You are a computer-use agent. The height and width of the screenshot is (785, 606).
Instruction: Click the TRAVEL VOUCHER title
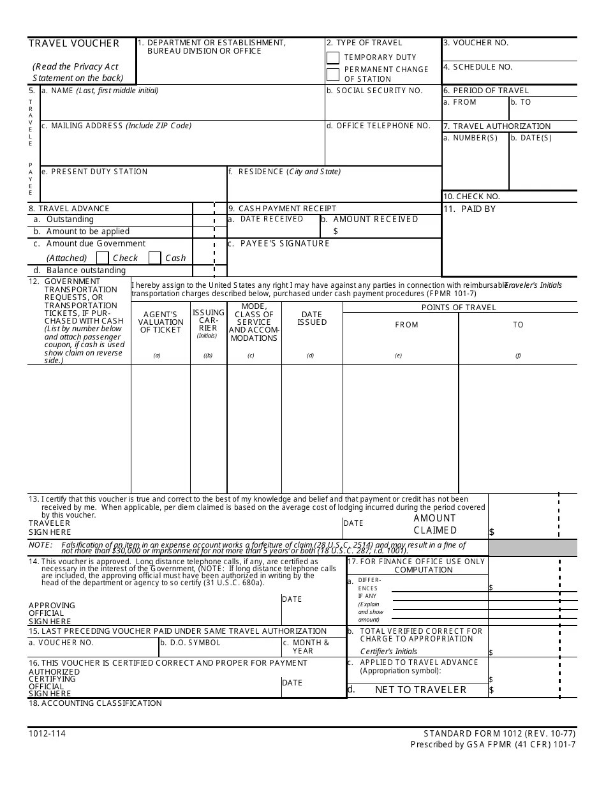(74, 43)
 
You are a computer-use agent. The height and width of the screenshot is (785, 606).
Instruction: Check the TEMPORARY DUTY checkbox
(333, 58)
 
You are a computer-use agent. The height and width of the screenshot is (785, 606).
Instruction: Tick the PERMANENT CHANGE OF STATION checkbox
(333, 75)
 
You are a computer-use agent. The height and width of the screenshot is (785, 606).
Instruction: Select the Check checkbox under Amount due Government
(102, 258)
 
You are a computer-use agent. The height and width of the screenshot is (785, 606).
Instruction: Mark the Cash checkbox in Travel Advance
(154, 258)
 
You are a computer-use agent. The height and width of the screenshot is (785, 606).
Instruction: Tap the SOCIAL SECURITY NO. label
(374, 91)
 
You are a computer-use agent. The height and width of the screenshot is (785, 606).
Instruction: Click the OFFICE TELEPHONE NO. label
(378, 126)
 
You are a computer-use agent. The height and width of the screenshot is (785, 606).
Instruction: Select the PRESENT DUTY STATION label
(94, 172)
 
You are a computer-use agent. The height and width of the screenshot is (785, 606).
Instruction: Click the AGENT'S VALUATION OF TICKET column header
(161, 322)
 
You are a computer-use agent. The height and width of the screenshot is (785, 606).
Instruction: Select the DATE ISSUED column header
(311, 318)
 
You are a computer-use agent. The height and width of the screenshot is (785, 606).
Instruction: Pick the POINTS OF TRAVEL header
(459, 308)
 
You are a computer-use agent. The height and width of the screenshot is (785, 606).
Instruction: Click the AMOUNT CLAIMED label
(435, 524)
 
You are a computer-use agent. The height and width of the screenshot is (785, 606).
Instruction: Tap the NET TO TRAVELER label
(420, 689)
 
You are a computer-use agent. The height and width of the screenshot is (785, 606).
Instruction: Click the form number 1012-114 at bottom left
(47, 733)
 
